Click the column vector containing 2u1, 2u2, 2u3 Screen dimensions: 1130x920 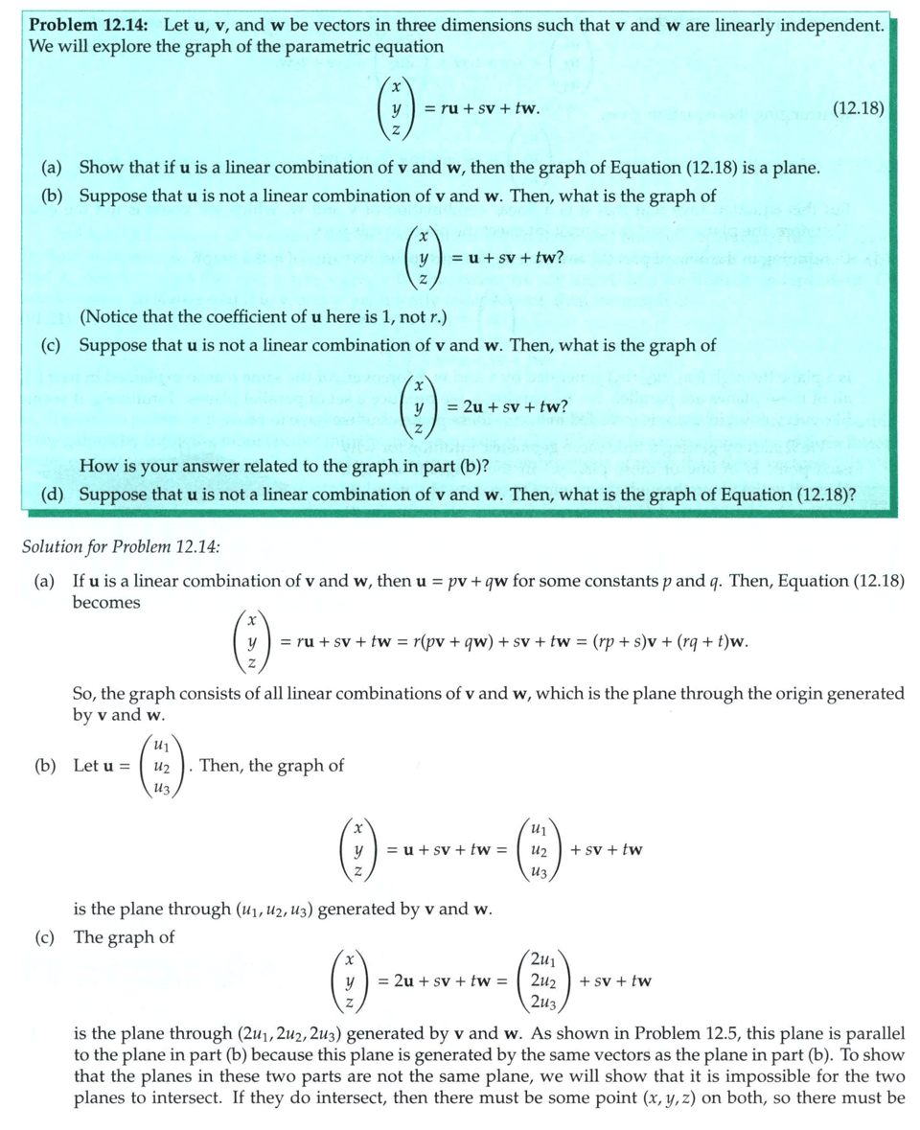pyautogui.click(x=541, y=980)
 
